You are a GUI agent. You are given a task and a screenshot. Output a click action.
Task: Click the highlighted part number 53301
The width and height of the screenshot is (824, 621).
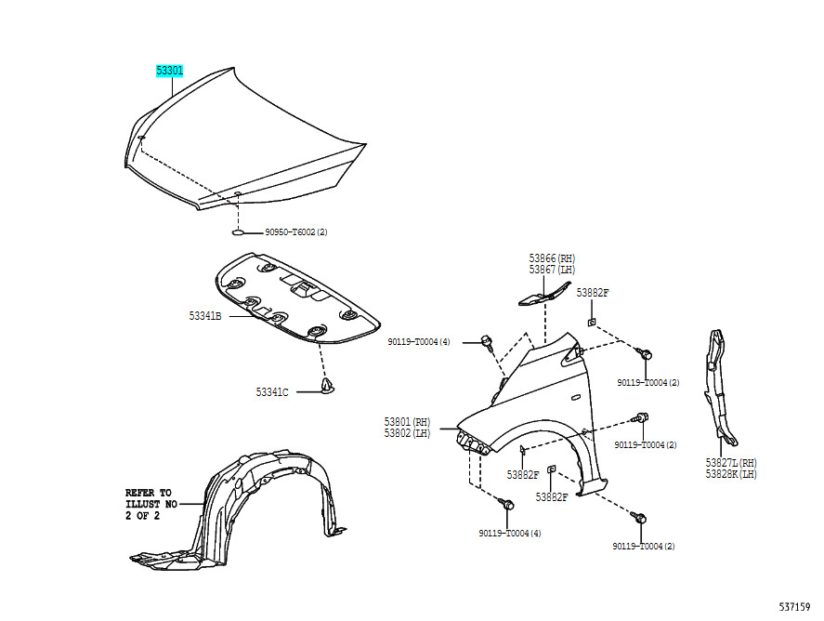pos(169,70)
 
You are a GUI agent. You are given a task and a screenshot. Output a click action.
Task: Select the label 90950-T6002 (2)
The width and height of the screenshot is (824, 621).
pos(296,232)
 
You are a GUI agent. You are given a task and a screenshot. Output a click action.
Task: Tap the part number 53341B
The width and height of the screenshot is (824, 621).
pos(205,316)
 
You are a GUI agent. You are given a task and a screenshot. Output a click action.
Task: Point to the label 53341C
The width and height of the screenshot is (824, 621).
pos(272,392)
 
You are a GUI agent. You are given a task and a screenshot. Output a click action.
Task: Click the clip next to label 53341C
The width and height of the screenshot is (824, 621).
pos(327,387)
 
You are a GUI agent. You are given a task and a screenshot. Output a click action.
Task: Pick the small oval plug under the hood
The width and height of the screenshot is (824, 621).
pos(239,232)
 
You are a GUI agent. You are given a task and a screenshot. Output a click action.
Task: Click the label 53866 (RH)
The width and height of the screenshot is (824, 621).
pos(553,258)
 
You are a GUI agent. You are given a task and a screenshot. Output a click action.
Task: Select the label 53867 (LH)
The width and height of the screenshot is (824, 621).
pos(553,270)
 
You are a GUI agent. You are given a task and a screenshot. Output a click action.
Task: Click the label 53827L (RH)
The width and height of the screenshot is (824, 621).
pos(731,462)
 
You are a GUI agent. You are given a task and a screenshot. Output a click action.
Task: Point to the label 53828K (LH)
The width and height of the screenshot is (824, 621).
pos(731,473)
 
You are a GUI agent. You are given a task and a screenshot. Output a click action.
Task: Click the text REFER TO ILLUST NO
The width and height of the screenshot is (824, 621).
pos(150,498)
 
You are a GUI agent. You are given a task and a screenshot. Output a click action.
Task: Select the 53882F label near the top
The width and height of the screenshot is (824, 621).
pos(592,292)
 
